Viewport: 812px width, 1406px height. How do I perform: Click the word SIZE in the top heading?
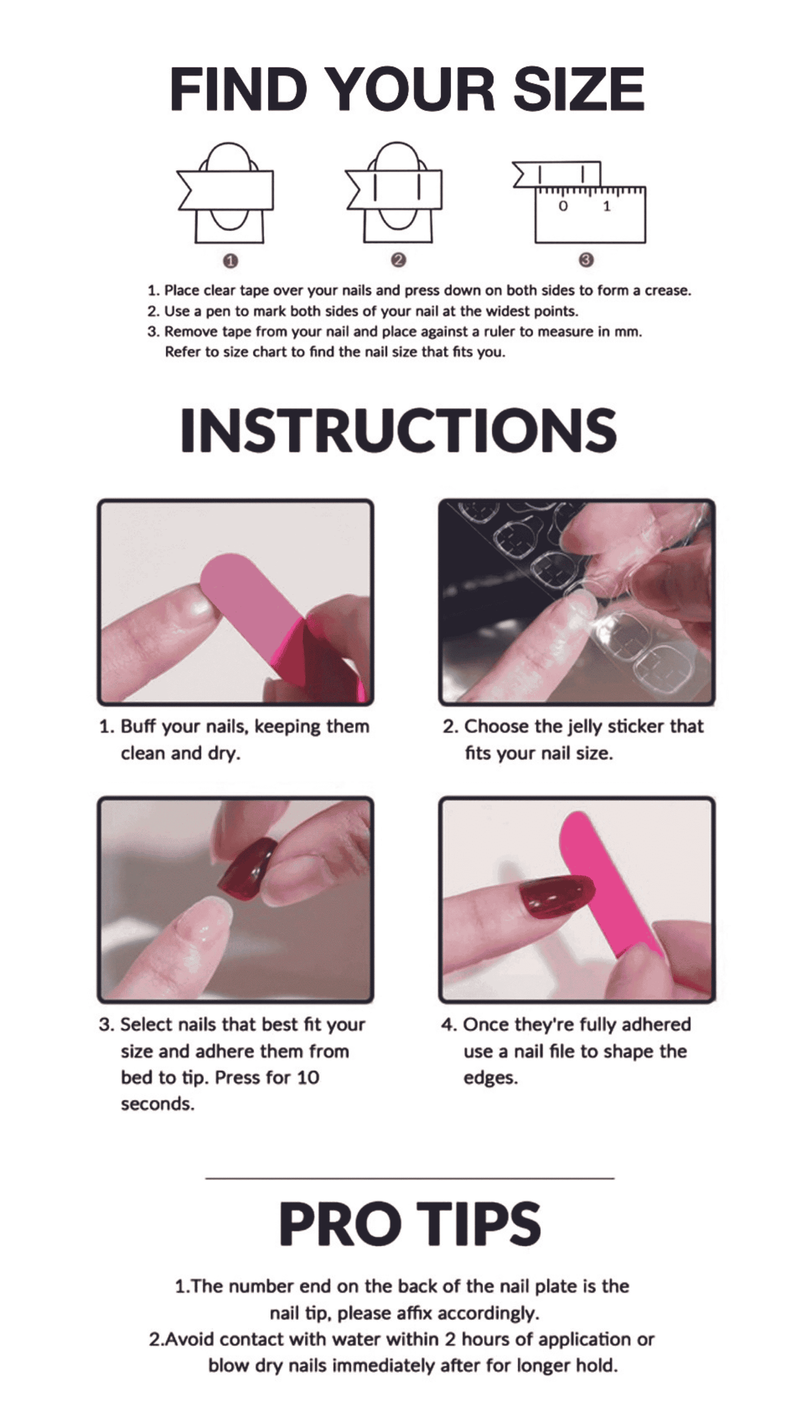579,89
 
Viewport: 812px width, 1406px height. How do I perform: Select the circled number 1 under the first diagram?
230,261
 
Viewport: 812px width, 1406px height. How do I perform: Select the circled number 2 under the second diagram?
398,260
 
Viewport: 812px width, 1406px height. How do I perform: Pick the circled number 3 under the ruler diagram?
586,260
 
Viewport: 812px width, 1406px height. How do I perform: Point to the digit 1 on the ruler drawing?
606,206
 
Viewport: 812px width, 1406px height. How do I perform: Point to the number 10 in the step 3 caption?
308,1078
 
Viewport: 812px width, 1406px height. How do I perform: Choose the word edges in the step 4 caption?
490,1079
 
